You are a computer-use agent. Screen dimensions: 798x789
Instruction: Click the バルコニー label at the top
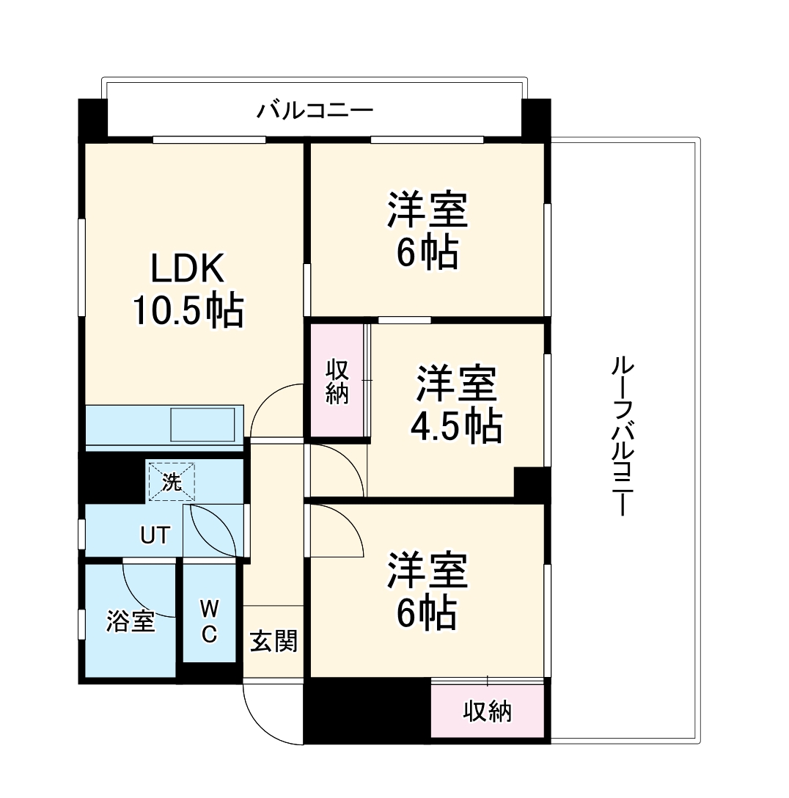(x=315, y=111)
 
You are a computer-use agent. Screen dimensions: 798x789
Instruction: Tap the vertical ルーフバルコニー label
(x=621, y=436)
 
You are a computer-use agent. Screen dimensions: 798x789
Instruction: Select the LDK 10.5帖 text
(x=187, y=290)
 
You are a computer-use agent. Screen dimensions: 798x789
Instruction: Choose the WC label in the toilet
(x=209, y=621)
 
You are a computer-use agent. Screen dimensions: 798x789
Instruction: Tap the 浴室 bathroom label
(x=131, y=622)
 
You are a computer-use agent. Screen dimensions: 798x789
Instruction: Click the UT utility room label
(x=155, y=536)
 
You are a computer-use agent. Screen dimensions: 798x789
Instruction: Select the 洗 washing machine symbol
(x=171, y=482)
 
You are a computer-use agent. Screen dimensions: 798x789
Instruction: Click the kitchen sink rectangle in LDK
(x=202, y=424)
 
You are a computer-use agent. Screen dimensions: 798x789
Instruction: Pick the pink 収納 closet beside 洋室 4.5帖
(x=337, y=381)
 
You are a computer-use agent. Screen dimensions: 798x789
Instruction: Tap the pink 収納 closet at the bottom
(x=487, y=711)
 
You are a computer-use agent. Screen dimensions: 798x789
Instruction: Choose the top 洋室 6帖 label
(x=427, y=230)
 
